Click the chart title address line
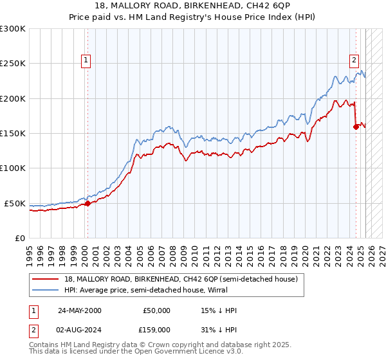193,7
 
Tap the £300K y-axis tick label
13,29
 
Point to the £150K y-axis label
13,133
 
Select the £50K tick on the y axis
15,203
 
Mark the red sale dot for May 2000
87,203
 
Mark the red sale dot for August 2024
356,127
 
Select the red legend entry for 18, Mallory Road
181,279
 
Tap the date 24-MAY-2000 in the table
79,310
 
